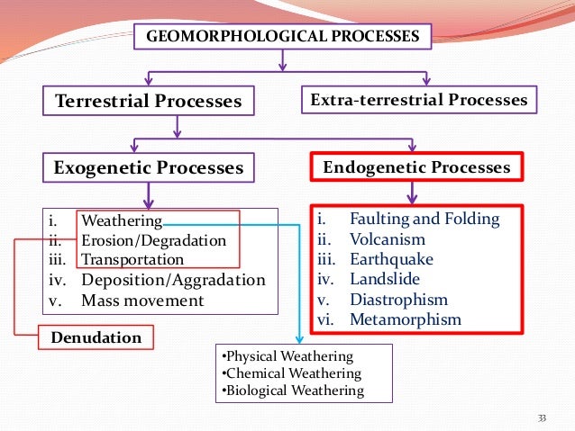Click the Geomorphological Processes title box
pos(283,37)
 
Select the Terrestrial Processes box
pos(149,101)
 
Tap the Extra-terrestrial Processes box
pos(418,100)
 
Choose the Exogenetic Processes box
pos(149,168)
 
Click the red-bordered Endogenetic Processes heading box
pos(416,167)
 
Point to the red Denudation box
pos(96,338)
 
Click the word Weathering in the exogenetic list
pos(122,220)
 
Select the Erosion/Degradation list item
pos(154,240)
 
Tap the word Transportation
pos(132,260)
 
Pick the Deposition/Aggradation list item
pos(173,280)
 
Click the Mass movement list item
pos(142,301)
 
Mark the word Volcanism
pos(388,239)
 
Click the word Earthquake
pos(391,259)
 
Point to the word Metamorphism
pos(405,319)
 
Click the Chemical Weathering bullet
pos(291,373)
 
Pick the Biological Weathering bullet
pos(293,391)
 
